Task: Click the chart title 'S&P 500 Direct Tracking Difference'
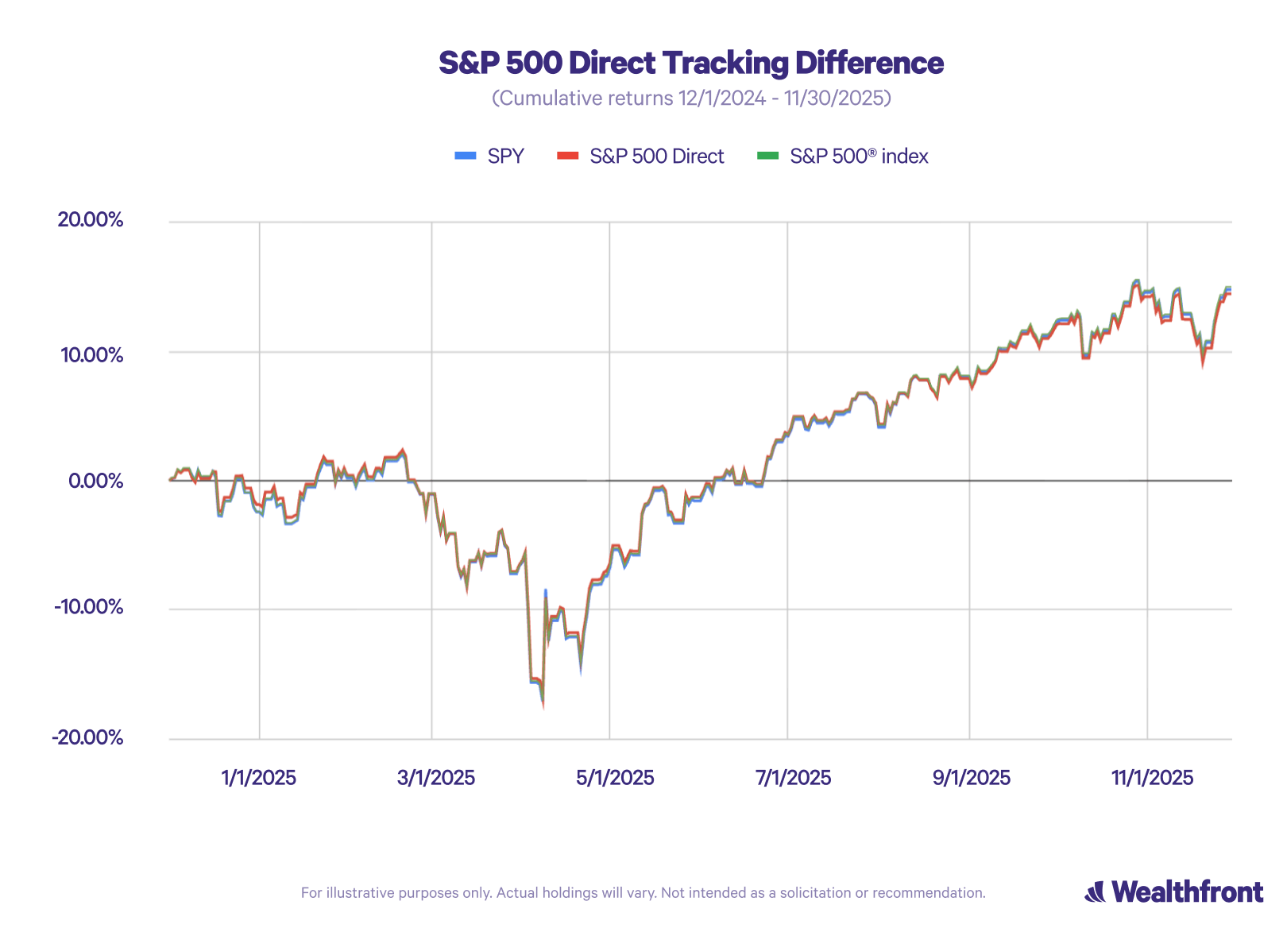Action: [x=691, y=63]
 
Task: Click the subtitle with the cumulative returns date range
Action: [x=691, y=98]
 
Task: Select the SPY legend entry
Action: [x=505, y=156]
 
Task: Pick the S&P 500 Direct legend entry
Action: [x=656, y=156]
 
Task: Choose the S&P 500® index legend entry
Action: [x=858, y=156]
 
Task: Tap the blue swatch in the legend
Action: [x=465, y=156]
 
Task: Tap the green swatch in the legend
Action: [x=767, y=156]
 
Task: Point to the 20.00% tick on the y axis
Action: [x=90, y=220]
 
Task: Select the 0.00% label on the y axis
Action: [x=95, y=481]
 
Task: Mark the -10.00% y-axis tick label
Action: [x=89, y=608]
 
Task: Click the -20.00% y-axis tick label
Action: [x=88, y=737]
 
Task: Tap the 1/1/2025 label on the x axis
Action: [x=258, y=777]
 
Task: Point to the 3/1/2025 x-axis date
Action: [x=435, y=777]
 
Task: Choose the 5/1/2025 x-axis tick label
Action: [x=615, y=777]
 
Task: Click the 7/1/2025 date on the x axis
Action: [x=793, y=777]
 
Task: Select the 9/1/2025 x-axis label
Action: [x=971, y=777]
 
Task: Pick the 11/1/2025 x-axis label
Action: [x=1152, y=777]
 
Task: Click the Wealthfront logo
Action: [x=1173, y=892]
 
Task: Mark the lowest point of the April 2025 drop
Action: [x=543, y=706]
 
